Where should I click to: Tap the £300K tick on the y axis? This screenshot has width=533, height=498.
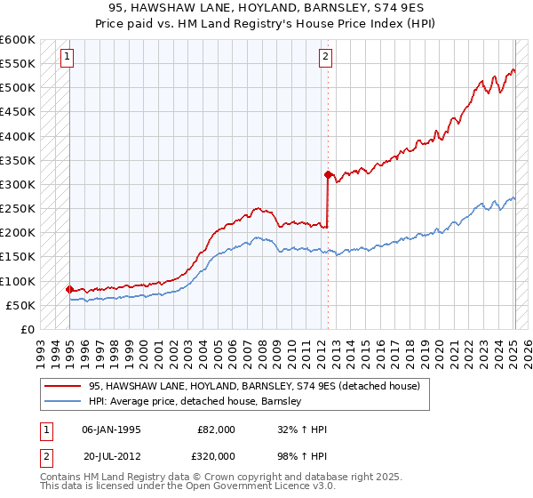pyautogui.click(x=17, y=184)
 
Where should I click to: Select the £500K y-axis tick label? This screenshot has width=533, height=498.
pyautogui.click(x=17, y=87)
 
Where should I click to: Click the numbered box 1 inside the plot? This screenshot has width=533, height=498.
pyautogui.click(x=68, y=58)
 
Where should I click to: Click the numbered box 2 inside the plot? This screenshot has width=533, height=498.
pyautogui.click(x=326, y=58)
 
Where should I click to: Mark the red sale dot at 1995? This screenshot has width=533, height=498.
pyautogui.click(x=69, y=289)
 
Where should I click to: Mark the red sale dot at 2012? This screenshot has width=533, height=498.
pyautogui.click(x=328, y=174)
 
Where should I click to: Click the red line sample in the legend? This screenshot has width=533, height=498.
pyautogui.click(x=62, y=386)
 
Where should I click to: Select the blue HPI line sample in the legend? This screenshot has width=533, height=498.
pyautogui.click(x=62, y=401)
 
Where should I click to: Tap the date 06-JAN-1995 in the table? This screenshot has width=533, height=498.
pyautogui.click(x=111, y=430)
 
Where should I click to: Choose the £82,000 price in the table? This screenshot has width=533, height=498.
pyautogui.click(x=217, y=430)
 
